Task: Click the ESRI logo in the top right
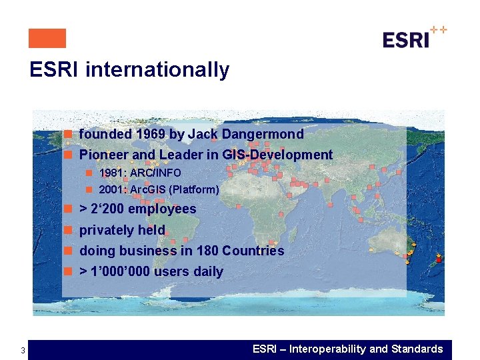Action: [413, 38]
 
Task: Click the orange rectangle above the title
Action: [47, 38]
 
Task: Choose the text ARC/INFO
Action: [155, 173]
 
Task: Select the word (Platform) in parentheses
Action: [194, 189]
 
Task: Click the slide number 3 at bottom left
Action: [23, 351]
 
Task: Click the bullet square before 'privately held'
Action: [68, 231]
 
